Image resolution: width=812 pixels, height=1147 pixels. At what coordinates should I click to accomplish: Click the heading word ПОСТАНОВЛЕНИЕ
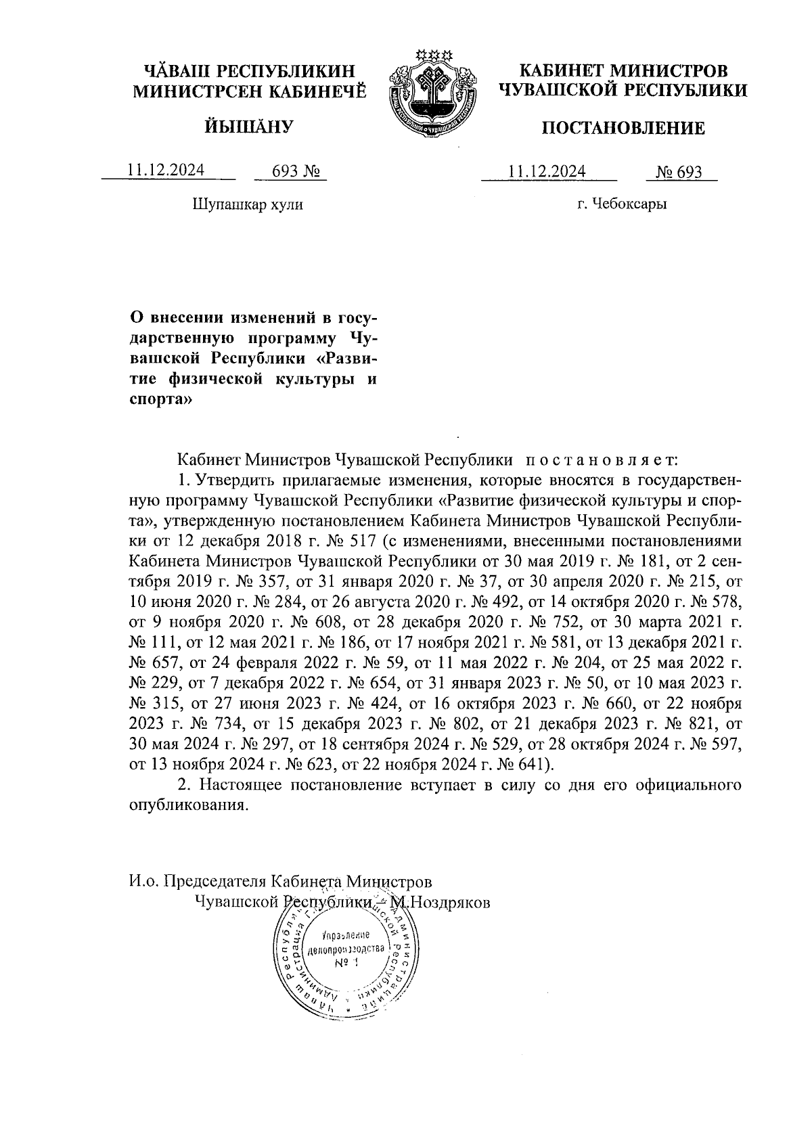click(623, 128)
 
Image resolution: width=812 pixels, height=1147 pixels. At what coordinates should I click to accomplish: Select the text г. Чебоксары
click(622, 203)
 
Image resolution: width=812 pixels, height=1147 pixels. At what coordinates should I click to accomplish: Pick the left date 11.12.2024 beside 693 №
click(166, 171)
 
